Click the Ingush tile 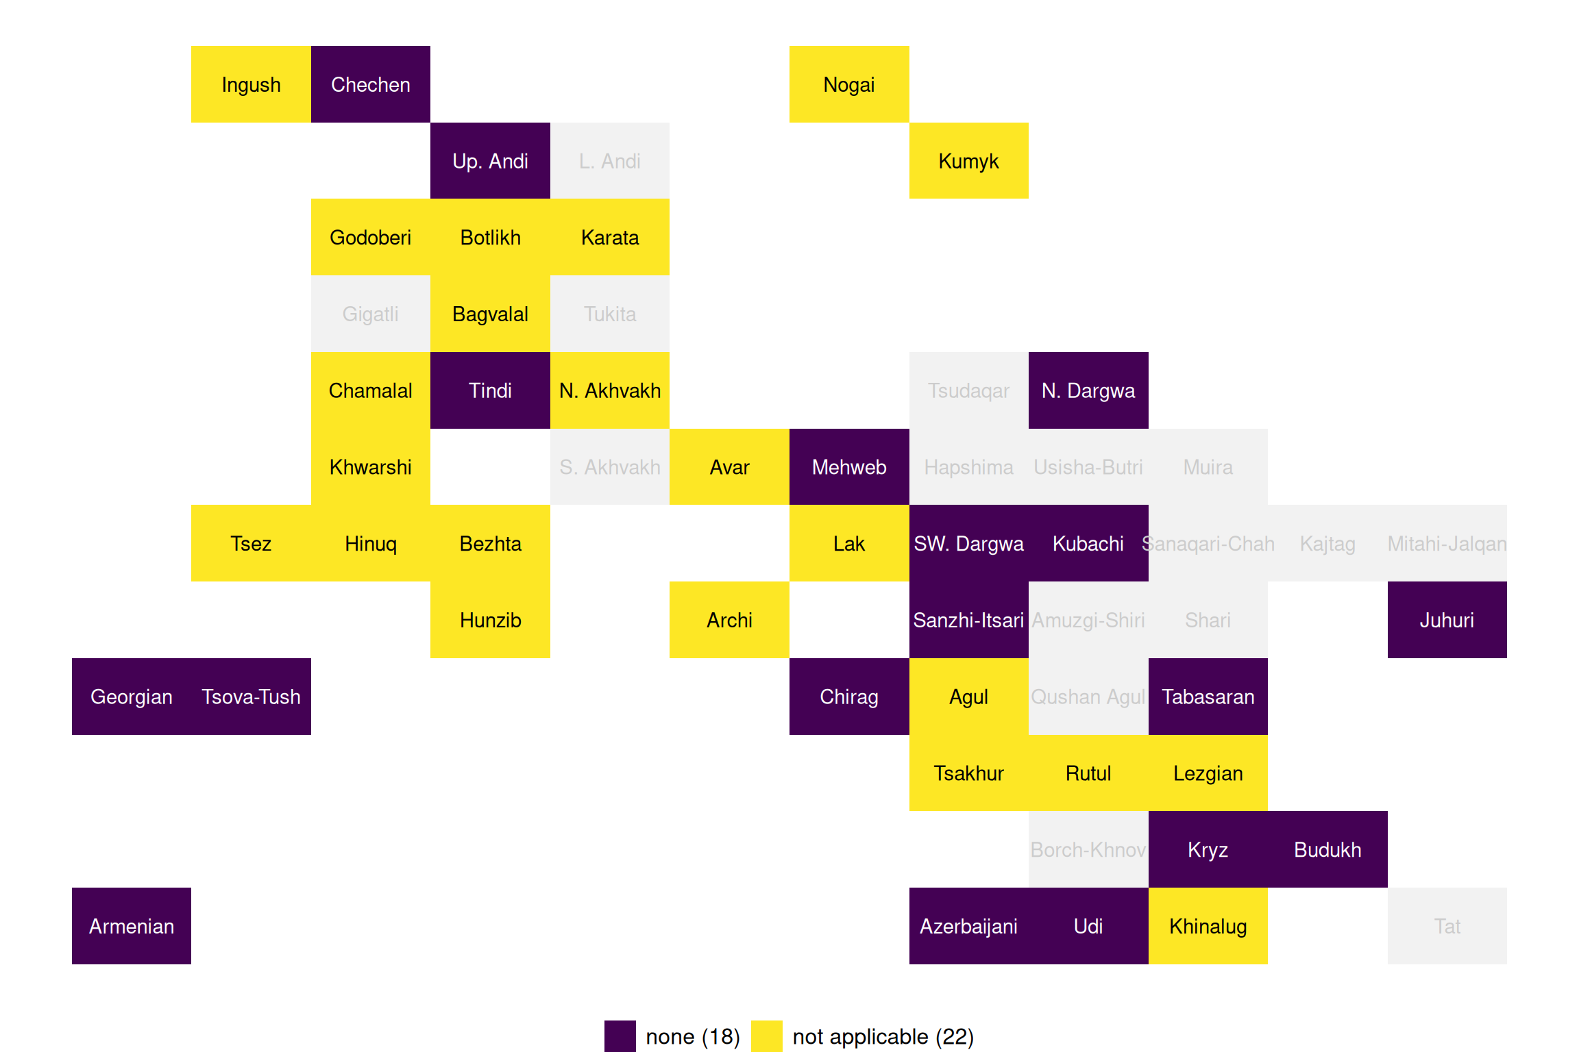(x=251, y=84)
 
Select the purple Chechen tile (x=371, y=84)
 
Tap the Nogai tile (x=849, y=84)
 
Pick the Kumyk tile (x=968, y=161)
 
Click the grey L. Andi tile (x=610, y=161)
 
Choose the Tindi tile (x=490, y=390)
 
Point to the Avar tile (x=729, y=467)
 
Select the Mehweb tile (x=849, y=467)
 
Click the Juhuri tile (x=1447, y=620)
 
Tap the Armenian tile (x=132, y=926)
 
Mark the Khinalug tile (x=1208, y=926)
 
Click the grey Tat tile (x=1447, y=926)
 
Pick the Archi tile (x=729, y=620)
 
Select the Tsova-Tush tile (x=251, y=697)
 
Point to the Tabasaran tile (x=1208, y=697)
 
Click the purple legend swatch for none (x=620, y=1036)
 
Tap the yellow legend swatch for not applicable (x=766, y=1036)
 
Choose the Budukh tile (x=1327, y=849)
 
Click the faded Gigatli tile (x=371, y=314)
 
